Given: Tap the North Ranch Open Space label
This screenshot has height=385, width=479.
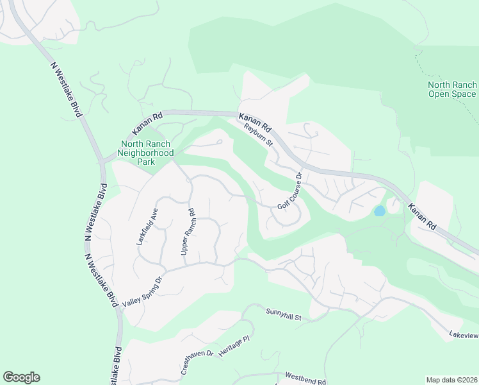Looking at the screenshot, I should pos(452,89).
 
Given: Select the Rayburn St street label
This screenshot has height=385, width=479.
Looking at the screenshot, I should pos(258,135).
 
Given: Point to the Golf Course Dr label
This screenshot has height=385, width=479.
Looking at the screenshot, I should pos(290,191).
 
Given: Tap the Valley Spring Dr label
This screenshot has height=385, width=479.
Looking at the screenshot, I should pos(143,291).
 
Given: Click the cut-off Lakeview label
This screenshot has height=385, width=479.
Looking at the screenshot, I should pos(464,335).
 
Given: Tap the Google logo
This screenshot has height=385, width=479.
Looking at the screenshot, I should pos(21,377).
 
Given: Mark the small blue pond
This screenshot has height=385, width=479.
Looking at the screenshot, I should pos(380,210).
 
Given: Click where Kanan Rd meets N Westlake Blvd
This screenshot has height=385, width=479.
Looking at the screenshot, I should pos(102,160).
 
